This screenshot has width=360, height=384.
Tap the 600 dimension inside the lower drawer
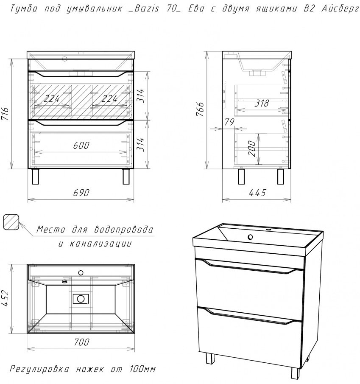pyautogui.click(x=81, y=145)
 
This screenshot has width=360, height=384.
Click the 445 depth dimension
pyautogui.click(x=257, y=193)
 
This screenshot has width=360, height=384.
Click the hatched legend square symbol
pyautogui.click(x=11, y=221)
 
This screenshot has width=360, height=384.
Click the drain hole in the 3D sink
pyautogui.click(x=250, y=237)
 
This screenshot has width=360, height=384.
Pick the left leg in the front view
pyautogui.click(x=36, y=177)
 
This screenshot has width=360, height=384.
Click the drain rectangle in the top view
pyautogui.click(x=80, y=299)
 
